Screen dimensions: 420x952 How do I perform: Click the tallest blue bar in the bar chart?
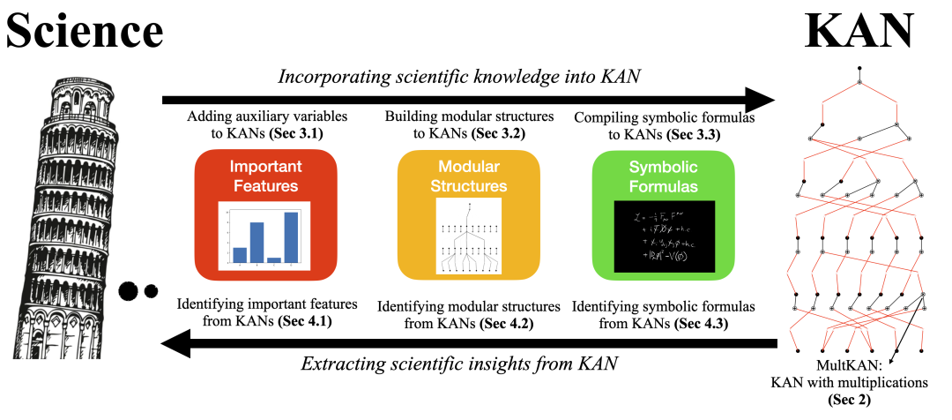tap(291, 237)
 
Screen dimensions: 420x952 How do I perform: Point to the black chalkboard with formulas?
tap(663, 236)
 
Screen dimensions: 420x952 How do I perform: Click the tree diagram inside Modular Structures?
tap(468, 236)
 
